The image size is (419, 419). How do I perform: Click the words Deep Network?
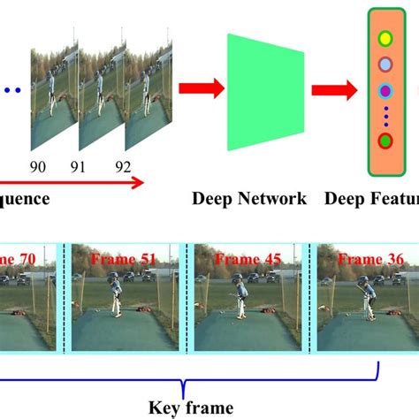coord(249,199)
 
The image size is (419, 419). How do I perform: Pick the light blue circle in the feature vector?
coord(385,65)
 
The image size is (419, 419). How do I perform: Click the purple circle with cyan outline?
coord(385,91)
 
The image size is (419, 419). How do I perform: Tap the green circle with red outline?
coord(385,141)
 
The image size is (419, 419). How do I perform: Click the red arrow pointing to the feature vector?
coord(335,88)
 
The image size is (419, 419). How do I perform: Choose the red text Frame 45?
coord(236,259)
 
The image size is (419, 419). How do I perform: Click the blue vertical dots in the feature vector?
coord(385,116)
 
